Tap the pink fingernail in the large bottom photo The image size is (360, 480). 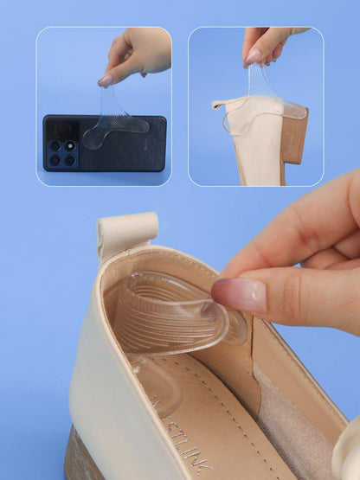[239, 294]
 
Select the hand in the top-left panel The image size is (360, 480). [138, 52]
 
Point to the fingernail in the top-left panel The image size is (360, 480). [106, 80]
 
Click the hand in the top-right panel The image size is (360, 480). [268, 43]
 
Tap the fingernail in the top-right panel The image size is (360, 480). [253, 56]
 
